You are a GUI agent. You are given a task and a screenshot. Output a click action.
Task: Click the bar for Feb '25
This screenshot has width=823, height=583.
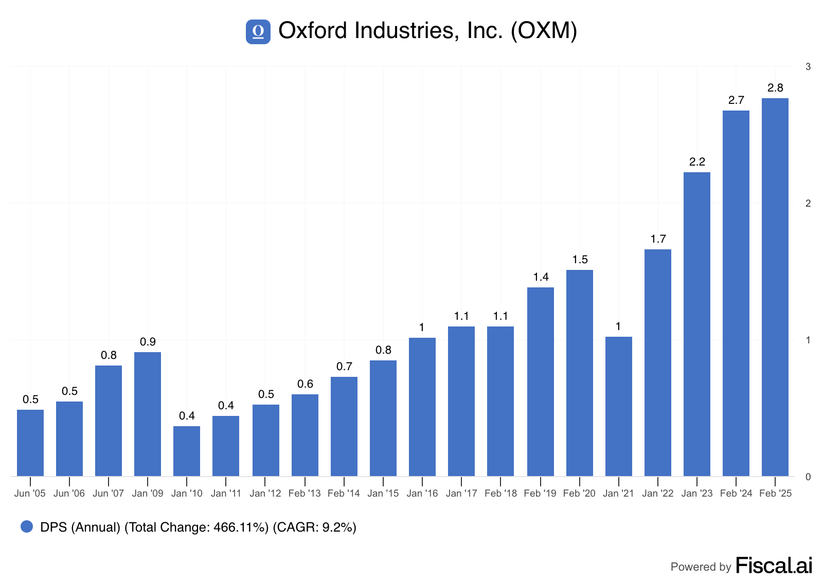pos(775,287)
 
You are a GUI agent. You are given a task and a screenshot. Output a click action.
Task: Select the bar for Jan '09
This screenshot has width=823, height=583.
pos(147,414)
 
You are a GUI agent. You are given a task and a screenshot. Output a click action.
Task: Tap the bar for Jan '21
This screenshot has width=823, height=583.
pos(619,407)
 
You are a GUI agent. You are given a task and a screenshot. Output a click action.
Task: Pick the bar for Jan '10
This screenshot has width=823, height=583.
pos(187,451)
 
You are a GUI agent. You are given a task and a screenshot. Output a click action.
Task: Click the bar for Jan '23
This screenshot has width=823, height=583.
pos(697,324)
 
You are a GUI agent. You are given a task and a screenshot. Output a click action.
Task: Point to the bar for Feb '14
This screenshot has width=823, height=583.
pos(344,427)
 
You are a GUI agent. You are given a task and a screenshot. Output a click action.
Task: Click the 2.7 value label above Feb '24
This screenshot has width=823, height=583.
pos(736,100)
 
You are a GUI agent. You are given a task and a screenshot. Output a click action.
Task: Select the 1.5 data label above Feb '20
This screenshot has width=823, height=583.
pos(580,260)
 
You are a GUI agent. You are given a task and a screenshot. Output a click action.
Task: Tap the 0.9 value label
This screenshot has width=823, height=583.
pos(148,342)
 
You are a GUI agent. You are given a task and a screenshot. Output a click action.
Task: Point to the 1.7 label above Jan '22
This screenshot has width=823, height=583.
pos(658,239)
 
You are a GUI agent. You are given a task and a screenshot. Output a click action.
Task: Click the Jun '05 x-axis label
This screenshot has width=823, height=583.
pos(30,494)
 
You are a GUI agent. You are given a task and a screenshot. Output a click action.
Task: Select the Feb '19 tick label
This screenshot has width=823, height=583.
pos(540,494)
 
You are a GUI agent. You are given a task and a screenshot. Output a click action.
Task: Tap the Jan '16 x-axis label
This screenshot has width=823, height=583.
pos(422,494)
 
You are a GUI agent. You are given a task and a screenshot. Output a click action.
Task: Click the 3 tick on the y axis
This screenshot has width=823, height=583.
pos(808,67)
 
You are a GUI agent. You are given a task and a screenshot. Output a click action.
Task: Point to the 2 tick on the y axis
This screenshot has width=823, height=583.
pos(808,204)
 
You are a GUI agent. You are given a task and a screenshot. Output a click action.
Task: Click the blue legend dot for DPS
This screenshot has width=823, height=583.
pos(27,526)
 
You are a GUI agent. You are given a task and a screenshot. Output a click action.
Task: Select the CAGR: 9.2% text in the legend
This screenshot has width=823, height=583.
pos(314,527)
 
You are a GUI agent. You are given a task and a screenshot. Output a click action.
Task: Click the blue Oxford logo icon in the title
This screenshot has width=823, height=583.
pos(258,32)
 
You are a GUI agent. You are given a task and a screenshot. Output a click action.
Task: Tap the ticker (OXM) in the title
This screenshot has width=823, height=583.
pos(544,30)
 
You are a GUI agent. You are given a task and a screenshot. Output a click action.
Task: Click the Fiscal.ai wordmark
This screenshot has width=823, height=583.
pos(774,566)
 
